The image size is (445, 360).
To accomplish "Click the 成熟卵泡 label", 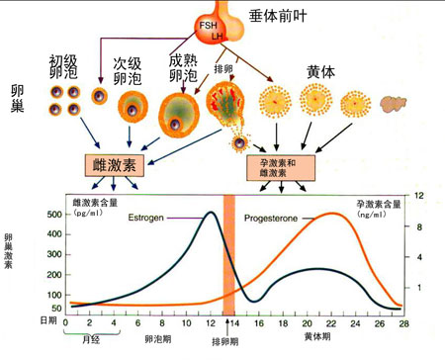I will point(182,66).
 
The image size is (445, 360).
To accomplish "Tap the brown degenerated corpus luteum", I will point(395,103).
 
